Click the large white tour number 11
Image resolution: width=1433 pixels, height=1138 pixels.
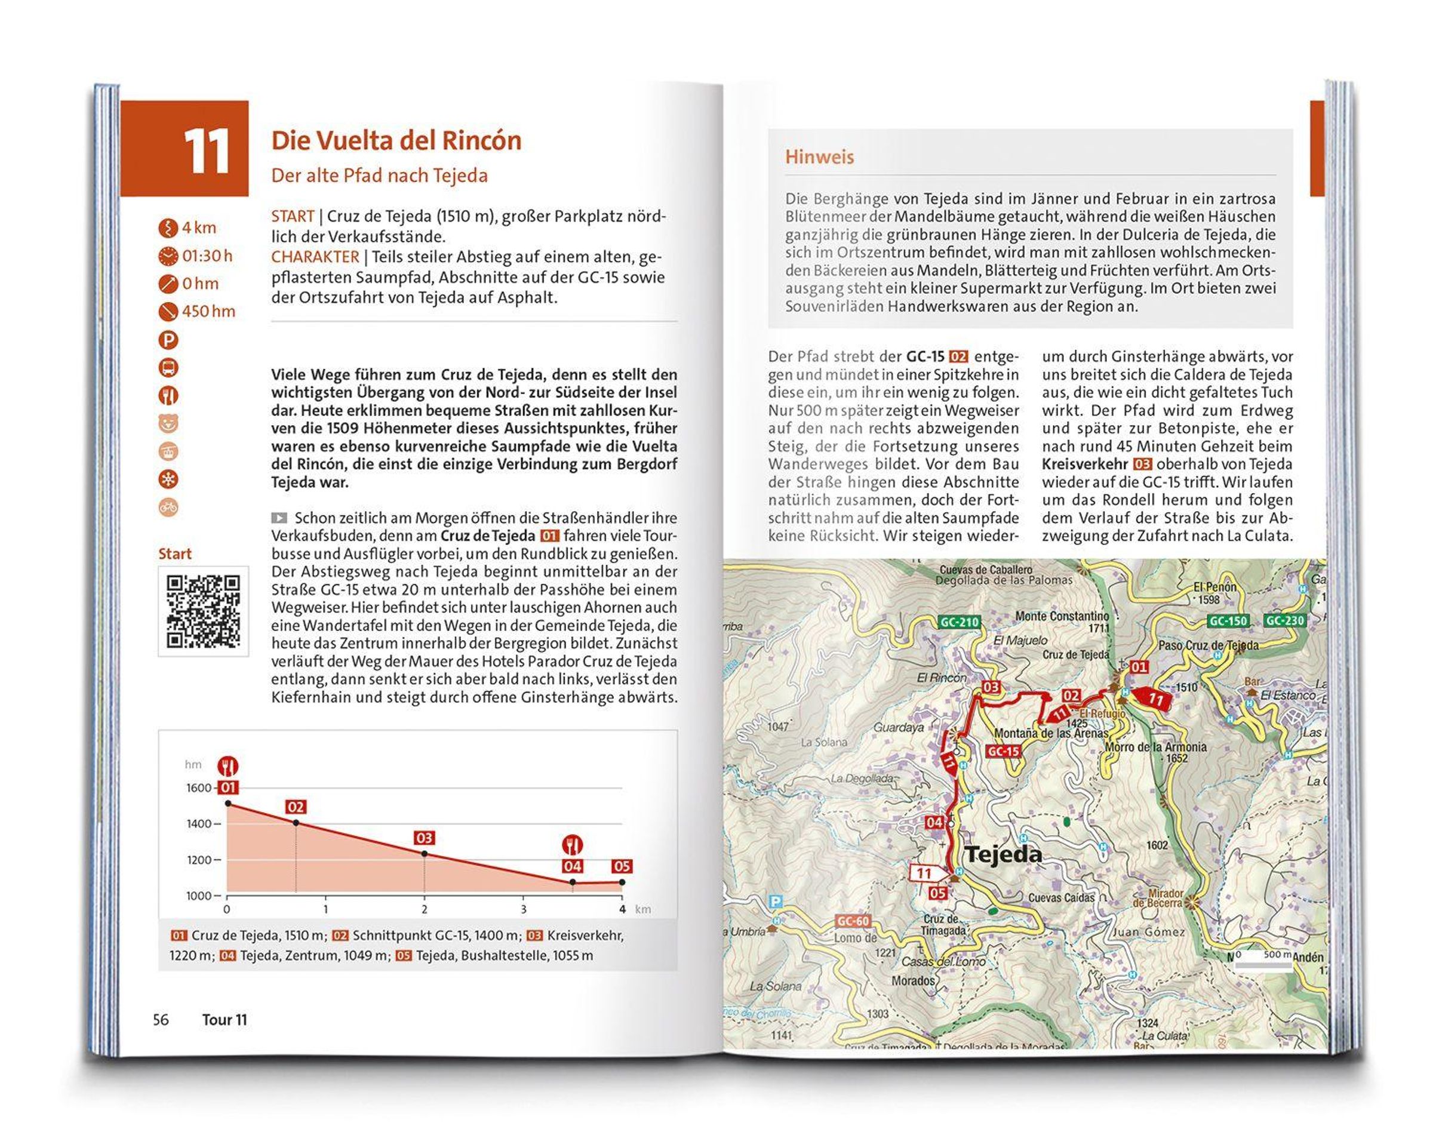(x=206, y=150)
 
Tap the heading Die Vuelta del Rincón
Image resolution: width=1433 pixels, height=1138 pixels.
(x=396, y=140)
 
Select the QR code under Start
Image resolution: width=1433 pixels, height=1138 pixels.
(x=203, y=611)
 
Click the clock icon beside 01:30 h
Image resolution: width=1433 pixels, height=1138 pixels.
(x=169, y=256)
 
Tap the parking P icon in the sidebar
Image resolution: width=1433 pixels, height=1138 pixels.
(x=169, y=340)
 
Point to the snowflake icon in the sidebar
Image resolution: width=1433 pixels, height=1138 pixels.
(x=169, y=479)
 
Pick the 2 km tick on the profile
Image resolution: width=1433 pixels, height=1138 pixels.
(x=424, y=909)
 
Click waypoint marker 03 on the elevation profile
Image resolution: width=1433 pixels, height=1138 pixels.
(x=424, y=838)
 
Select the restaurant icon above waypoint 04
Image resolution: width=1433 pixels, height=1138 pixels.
(x=572, y=845)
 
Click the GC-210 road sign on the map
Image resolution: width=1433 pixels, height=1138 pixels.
(x=959, y=622)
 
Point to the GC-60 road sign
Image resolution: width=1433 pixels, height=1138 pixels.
(x=853, y=921)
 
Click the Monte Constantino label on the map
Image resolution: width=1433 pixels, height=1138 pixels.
(x=1062, y=616)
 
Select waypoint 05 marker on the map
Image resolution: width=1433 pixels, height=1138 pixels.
(x=937, y=893)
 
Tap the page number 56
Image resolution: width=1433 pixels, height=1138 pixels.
(x=161, y=1020)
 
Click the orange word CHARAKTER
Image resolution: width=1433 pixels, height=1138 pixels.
(x=315, y=257)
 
